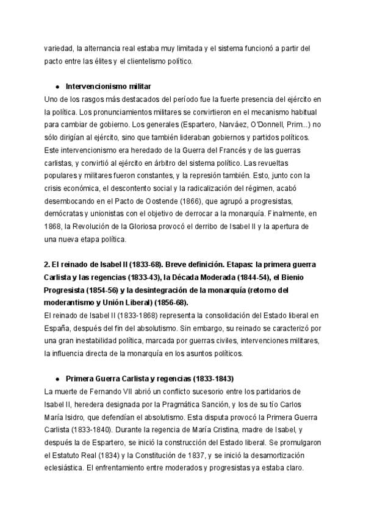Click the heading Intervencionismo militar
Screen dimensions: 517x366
(107, 87)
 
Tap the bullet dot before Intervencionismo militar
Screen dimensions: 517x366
(57, 87)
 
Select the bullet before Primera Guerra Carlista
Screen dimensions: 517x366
(57, 378)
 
